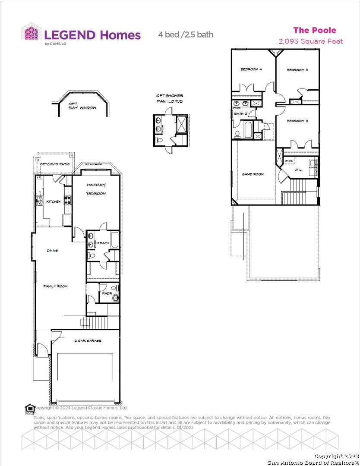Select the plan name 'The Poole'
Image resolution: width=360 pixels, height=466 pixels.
[x=314, y=30]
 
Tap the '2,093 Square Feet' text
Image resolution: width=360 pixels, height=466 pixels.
[x=311, y=41]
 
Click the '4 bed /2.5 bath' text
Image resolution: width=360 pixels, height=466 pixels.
[x=185, y=35]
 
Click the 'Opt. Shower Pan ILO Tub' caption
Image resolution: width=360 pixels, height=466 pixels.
[x=170, y=98]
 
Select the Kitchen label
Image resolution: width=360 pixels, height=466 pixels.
[x=54, y=202]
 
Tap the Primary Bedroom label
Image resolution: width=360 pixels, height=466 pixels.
[x=96, y=189]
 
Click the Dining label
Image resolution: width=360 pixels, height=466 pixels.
[x=52, y=250]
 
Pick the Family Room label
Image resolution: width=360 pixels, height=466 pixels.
[x=55, y=286]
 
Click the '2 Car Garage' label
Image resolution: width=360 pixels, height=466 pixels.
[x=88, y=341]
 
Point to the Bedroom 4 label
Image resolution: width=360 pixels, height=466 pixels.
[x=251, y=69]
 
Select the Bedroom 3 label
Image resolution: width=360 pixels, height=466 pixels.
[x=297, y=70]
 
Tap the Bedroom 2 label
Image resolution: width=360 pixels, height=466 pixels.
[x=297, y=121]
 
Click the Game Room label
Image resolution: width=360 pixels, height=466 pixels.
[x=253, y=174]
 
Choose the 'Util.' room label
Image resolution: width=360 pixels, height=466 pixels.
[x=298, y=170]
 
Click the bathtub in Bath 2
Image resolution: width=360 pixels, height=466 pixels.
[x=248, y=130]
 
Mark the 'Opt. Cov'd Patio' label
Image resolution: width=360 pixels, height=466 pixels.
[x=54, y=164]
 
